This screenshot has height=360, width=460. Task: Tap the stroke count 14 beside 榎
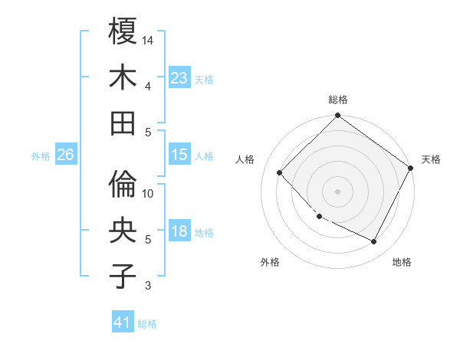tap(149, 40)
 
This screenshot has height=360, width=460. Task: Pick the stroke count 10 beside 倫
tap(149, 193)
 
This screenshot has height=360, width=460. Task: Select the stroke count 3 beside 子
tap(149, 286)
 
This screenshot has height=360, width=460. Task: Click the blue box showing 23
tap(179, 78)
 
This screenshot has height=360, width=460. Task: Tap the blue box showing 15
tap(179, 155)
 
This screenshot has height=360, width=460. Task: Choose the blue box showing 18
tap(179, 232)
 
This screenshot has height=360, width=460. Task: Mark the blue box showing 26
tap(65, 155)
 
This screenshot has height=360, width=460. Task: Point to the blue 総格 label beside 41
tap(147, 324)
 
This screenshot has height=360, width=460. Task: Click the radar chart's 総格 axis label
tap(337, 100)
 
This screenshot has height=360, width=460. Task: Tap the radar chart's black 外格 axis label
tap(270, 262)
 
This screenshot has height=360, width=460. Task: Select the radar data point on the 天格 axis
tap(411, 168)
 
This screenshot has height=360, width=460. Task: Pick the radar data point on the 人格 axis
tap(280, 172)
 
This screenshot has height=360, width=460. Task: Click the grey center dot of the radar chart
tap(337, 191)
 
